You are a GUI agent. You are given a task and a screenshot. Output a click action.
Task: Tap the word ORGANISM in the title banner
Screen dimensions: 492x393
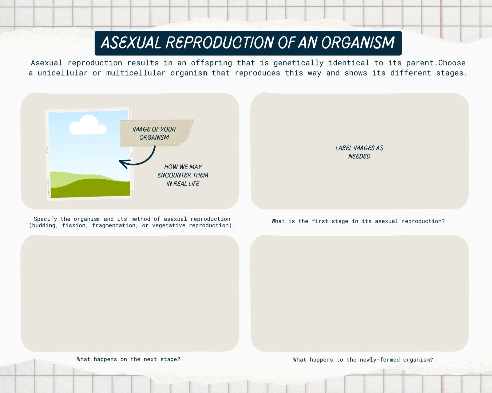click(358, 43)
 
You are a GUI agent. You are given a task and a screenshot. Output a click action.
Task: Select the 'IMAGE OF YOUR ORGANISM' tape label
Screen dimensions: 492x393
click(157, 133)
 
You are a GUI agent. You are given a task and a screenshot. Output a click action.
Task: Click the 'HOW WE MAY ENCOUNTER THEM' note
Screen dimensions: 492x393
click(183, 175)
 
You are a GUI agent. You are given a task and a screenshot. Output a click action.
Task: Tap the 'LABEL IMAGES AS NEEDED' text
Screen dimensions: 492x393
click(359, 152)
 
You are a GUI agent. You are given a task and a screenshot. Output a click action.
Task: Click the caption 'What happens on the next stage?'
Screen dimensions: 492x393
click(129, 359)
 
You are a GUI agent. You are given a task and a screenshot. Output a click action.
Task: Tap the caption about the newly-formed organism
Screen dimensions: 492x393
click(363, 360)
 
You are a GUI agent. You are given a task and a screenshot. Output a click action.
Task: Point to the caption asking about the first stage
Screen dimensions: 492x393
click(358, 221)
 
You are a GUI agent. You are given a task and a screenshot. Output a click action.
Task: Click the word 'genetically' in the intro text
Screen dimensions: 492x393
click(299, 63)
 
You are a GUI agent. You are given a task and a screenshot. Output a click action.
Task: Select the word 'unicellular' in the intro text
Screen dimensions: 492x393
click(63, 73)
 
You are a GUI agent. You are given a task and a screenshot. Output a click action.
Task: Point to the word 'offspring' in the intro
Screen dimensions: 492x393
click(212, 63)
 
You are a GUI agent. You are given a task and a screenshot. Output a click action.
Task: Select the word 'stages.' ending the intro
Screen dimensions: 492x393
click(452, 73)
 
